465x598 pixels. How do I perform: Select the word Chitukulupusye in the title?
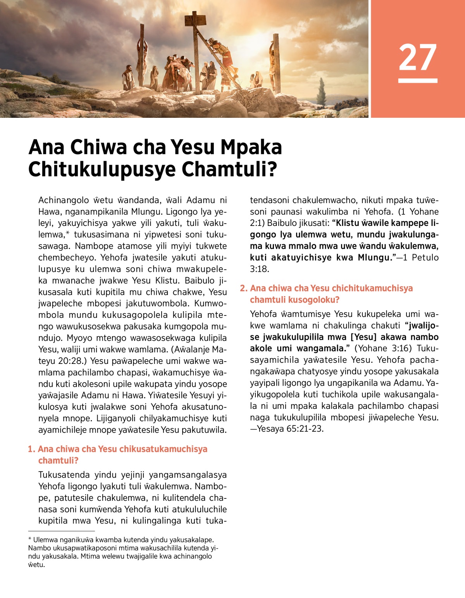102,169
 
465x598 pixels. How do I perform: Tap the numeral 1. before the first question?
31,449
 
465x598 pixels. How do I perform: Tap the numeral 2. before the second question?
243,288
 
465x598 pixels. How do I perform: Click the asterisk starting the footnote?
30,539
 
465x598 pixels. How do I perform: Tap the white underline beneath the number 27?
417,81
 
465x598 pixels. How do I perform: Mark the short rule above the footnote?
61,531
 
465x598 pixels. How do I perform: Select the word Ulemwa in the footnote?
45,540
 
